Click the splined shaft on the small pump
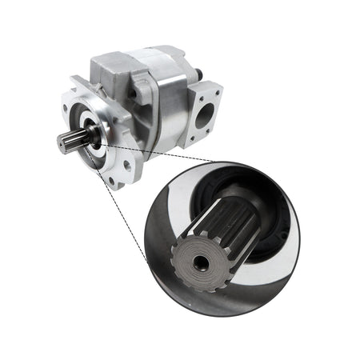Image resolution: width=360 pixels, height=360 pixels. [67, 141]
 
